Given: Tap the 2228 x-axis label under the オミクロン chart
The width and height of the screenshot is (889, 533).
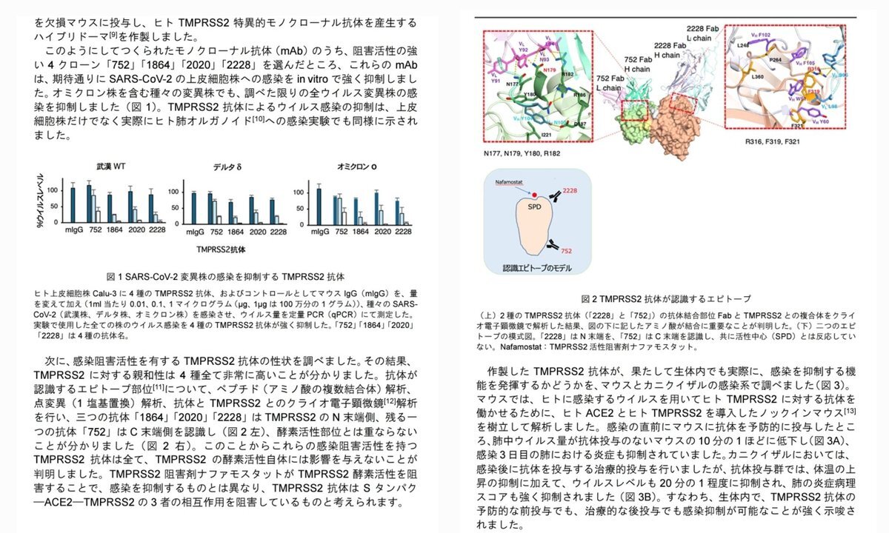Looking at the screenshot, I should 403,232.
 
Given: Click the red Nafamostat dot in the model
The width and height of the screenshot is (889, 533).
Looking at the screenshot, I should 534,193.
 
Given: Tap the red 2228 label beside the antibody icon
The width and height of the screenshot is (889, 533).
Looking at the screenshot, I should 569,191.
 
